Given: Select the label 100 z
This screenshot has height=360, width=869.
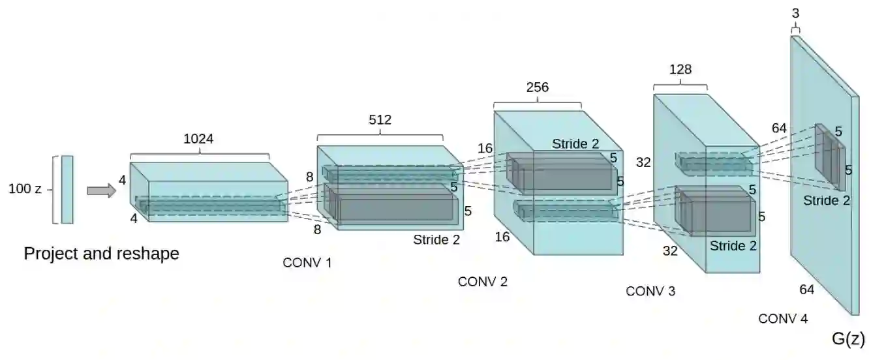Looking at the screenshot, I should [x=25, y=189].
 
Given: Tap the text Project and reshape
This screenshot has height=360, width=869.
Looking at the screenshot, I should [x=101, y=254].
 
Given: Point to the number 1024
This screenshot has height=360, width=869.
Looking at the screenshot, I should [x=198, y=139].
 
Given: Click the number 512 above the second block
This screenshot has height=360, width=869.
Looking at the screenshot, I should [x=380, y=119].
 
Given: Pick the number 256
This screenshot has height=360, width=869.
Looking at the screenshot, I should [x=537, y=87].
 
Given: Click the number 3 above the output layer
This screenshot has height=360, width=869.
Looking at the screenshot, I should [x=795, y=12].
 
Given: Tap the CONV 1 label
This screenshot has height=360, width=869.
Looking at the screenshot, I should [x=307, y=263].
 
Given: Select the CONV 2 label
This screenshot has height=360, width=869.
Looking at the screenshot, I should [x=483, y=282].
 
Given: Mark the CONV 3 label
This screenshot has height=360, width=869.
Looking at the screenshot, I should [x=650, y=291].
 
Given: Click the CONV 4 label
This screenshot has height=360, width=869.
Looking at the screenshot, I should [x=783, y=319].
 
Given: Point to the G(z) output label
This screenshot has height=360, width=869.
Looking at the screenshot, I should [x=848, y=338].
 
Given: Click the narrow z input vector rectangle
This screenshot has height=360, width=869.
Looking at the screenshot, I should [x=67, y=189].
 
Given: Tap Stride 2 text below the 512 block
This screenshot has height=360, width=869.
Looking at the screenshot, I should [x=436, y=239].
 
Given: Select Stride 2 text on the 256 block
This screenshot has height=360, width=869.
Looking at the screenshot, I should [x=575, y=143].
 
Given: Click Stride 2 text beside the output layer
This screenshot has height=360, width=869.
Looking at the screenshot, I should [x=827, y=200].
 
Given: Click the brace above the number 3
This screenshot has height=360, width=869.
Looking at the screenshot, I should [x=795, y=28].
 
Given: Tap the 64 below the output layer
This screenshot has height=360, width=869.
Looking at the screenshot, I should [x=806, y=290].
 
